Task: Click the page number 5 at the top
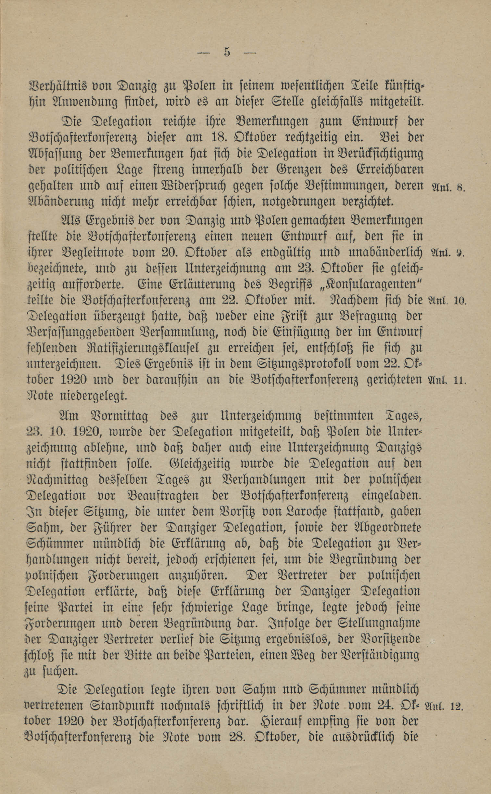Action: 227,53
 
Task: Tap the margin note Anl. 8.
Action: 448,187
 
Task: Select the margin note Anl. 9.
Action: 448,252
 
